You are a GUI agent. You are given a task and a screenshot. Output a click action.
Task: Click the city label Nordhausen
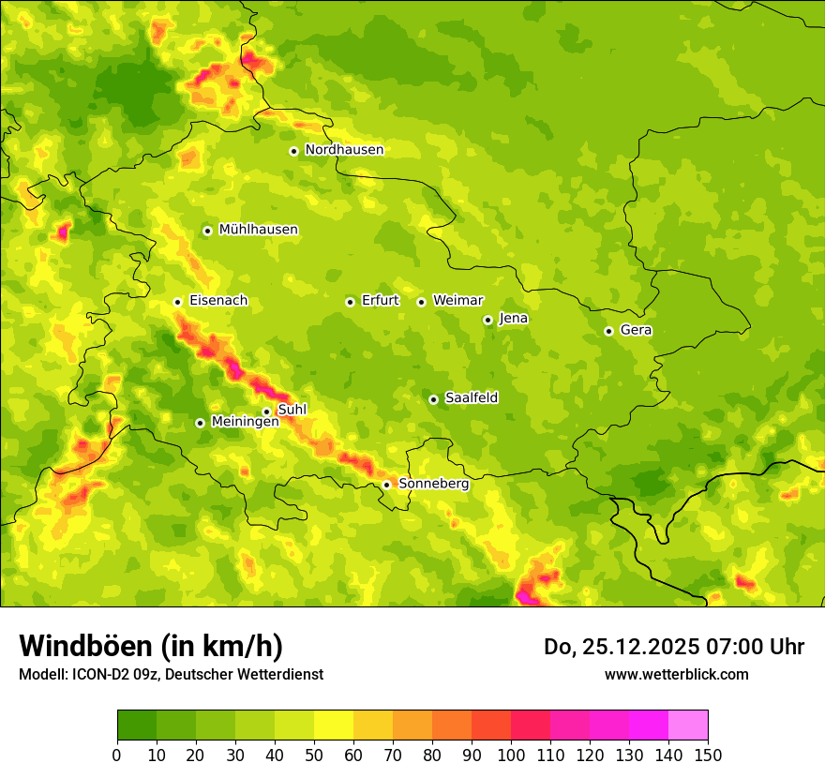click(x=344, y=150)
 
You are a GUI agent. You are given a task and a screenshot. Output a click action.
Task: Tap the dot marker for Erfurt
click(x=350, y=302)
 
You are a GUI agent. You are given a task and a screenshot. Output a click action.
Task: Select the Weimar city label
click(x=457, y=301)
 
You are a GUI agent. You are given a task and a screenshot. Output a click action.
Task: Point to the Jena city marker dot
click(x=487, y=320)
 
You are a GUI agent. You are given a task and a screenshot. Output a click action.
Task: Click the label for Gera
click(x=636, y=330)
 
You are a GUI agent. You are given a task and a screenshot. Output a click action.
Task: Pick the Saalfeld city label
click(x=472, y=398)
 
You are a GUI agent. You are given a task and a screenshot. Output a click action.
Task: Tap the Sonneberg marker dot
click(x=386, y=485)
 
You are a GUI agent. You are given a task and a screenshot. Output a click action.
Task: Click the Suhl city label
click(x=292, y=410)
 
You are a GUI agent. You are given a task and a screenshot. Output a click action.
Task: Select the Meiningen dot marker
click(x=200, y=423)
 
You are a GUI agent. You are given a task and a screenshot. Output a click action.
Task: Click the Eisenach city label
click(x=218, y=301)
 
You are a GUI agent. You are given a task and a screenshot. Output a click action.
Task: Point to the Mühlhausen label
click(x=258, y=230)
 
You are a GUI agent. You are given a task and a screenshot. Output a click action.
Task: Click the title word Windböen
click(x=86, y=646)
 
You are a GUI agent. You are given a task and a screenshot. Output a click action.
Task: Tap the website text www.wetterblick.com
click(x=676, y=674)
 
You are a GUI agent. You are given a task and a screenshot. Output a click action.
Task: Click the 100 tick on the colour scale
click(x=511, y=755)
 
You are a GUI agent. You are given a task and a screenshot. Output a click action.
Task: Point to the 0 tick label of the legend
click(x=117, y=755)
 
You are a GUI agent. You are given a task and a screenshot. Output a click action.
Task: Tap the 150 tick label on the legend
click(x=708, y=755)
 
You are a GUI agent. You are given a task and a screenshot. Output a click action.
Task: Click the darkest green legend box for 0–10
click(x=137, y=725)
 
